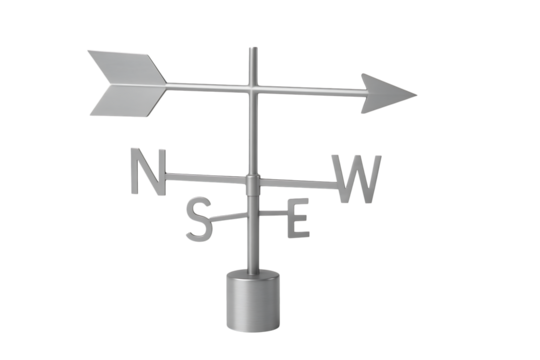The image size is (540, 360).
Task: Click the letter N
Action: pos(147,172)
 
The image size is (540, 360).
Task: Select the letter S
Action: pos(199,220)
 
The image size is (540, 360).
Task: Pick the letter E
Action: pos(297,219)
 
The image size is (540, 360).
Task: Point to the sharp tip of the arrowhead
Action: pos(415,96)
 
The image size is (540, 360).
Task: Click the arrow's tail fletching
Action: pos(124,81)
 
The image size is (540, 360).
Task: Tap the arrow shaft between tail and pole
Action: pos(205,88)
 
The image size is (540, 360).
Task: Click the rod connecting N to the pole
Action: pos(205,178)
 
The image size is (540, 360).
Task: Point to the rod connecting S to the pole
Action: pos(230,214)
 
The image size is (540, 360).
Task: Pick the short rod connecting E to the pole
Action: pos(272,212)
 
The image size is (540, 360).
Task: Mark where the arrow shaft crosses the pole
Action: pos(252,90)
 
